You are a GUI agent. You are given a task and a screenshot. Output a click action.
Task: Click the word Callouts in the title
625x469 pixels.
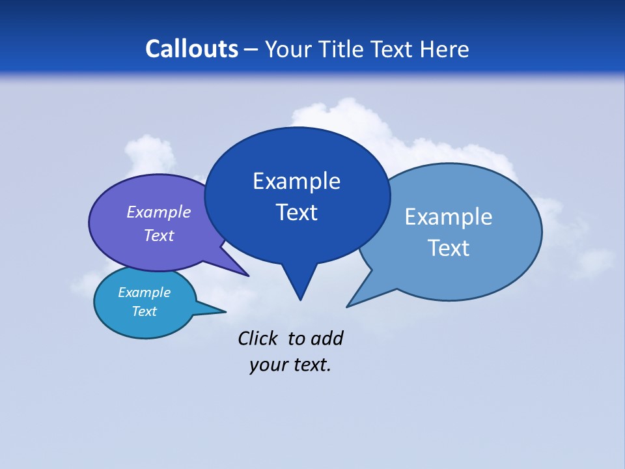(x=192, y=49)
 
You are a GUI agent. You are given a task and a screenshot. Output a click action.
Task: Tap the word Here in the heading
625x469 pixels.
(x=445, y=49)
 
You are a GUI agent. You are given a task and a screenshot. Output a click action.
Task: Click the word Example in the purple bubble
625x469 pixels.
(x=159, y=212)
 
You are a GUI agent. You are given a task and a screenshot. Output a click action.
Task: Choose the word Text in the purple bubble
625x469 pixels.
(x=159, y=235)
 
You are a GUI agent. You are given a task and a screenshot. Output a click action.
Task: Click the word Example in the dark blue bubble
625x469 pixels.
(x=296, y=181)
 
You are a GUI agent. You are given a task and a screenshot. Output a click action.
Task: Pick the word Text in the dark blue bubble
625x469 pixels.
(x=297, y=212)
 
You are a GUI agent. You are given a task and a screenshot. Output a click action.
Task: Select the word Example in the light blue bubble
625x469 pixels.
(x=449, y=217)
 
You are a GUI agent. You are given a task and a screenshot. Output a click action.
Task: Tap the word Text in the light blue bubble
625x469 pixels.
(x=449, y=248)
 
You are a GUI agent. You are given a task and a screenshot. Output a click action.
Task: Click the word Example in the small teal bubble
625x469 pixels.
(x=144, y=292)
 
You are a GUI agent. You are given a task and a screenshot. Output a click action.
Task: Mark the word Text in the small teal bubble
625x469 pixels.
(x=144, y=311)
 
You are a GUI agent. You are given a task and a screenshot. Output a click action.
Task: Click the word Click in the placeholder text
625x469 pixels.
(x=257, y=338)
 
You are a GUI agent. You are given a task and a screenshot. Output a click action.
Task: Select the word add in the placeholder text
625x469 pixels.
(x=326, y=338)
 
